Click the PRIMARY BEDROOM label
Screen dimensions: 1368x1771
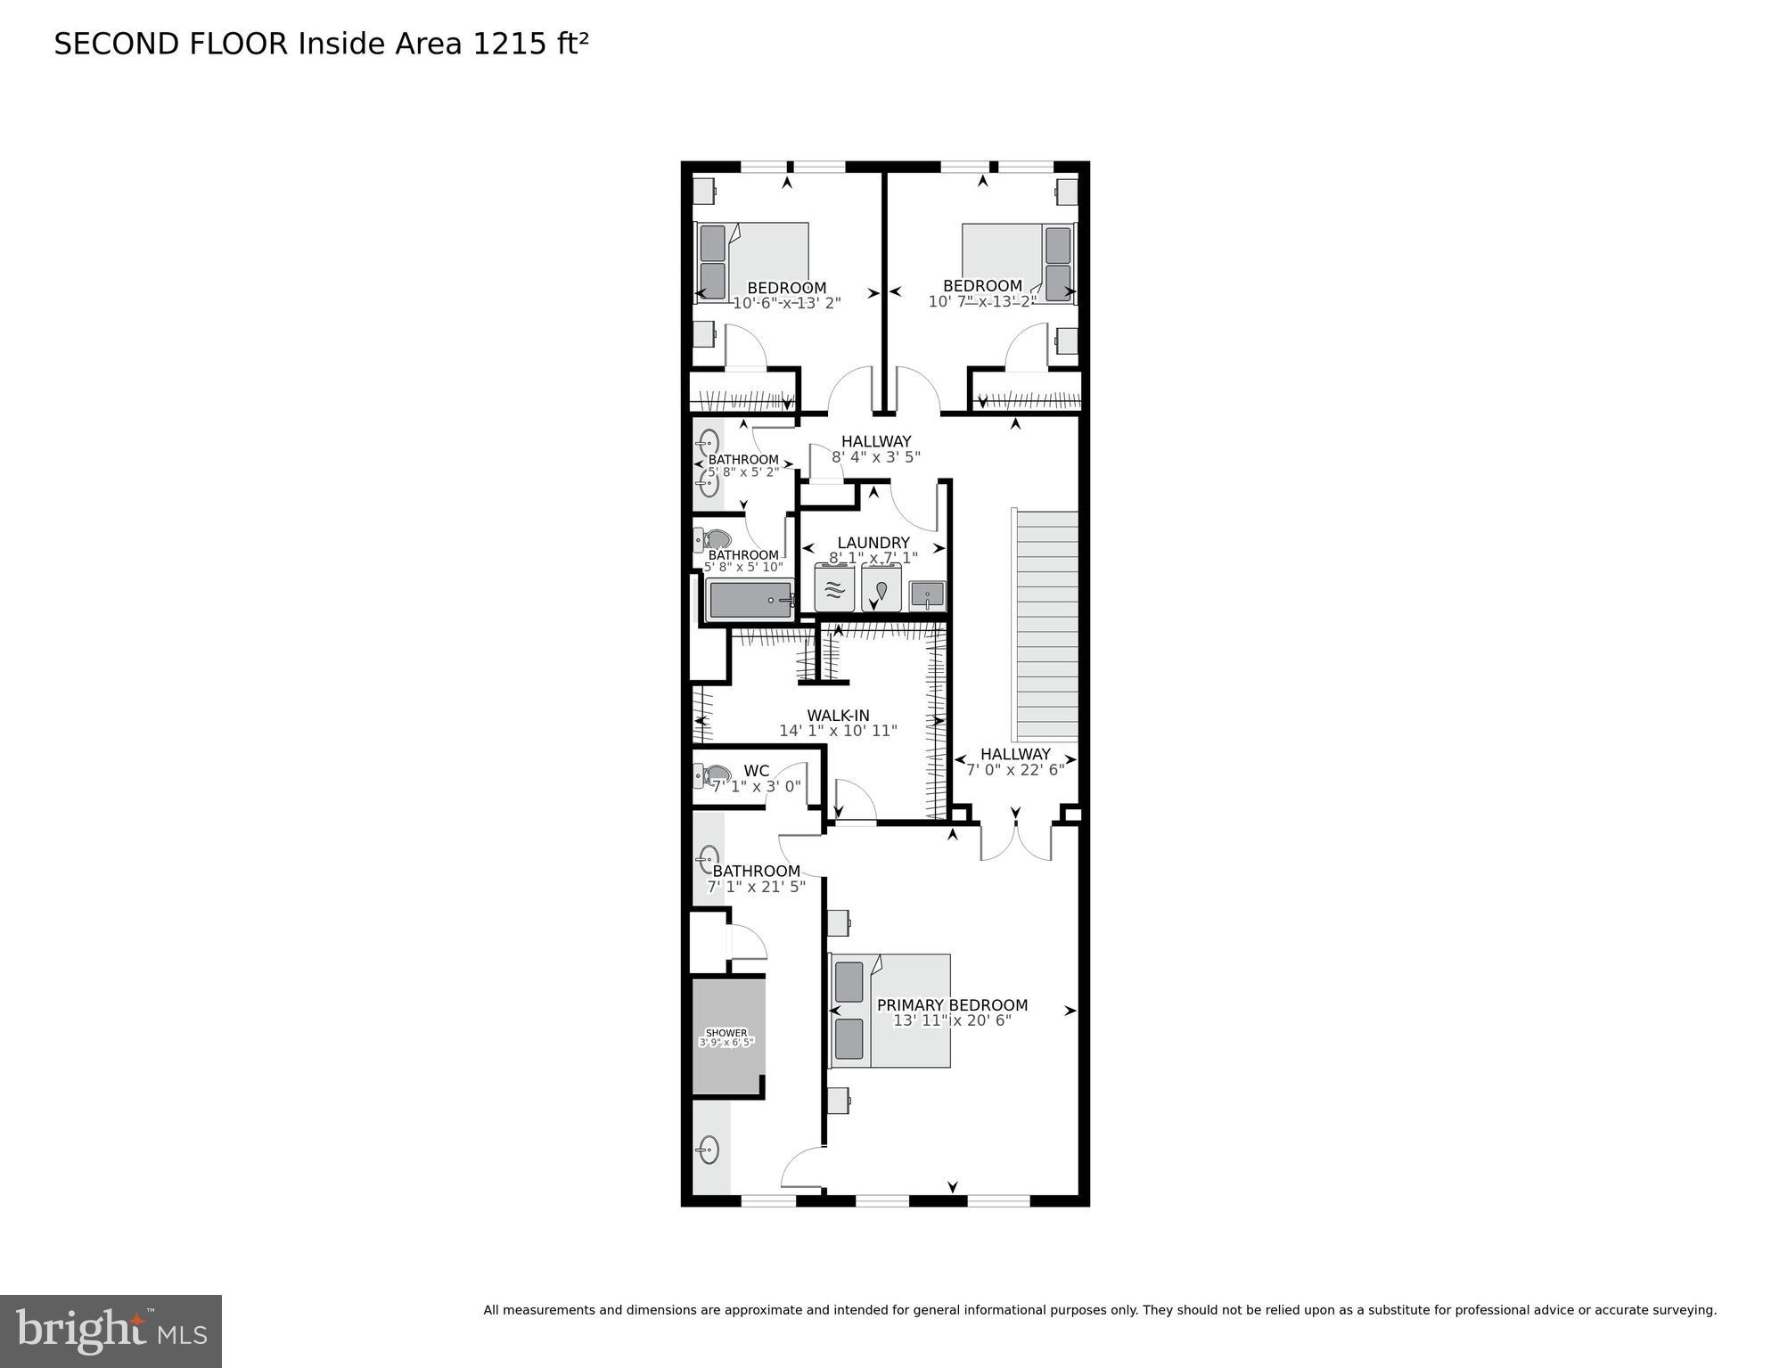952,1004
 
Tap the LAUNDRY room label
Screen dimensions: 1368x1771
873,543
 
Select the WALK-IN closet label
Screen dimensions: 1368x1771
838,716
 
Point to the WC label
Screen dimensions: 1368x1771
756,771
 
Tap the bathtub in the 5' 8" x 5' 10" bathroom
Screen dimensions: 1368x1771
750,601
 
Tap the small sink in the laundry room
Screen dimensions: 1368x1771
927,594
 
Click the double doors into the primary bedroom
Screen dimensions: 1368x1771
1015,842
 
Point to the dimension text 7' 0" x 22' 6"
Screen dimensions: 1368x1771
1015,770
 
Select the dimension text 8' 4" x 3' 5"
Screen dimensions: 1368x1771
875,457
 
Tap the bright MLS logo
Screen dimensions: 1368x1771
111,1331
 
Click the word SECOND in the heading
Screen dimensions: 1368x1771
117,44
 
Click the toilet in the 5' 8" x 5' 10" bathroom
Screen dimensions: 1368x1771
714,539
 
